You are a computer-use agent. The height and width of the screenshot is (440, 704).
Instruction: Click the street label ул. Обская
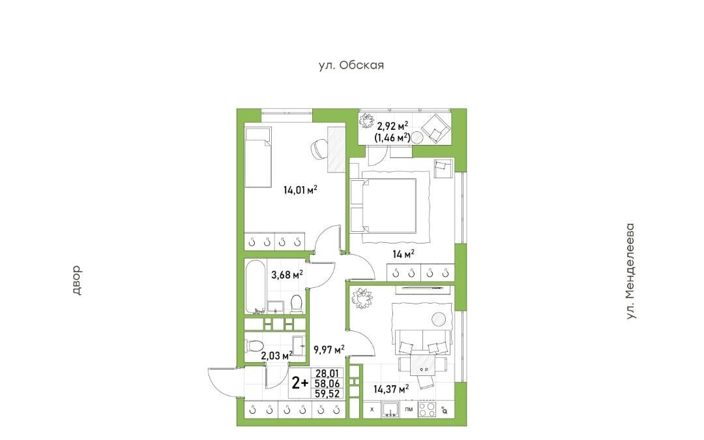351,65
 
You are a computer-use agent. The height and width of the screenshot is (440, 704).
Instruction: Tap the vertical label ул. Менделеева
631,272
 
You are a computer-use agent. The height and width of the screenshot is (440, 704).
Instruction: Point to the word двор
76,280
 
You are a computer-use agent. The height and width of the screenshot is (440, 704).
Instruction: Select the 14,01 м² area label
301,190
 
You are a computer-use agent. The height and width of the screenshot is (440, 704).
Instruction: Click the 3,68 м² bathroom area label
286,274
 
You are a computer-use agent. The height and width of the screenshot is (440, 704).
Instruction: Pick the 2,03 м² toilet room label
276,356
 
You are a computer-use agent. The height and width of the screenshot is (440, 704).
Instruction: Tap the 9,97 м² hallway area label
329,349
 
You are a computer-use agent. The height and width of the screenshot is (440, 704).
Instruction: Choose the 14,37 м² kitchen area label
391,388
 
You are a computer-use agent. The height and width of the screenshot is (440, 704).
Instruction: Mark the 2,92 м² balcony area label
392,126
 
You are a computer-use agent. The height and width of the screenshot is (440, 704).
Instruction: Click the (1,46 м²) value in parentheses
392,138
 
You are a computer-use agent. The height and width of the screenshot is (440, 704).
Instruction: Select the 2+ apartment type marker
300,383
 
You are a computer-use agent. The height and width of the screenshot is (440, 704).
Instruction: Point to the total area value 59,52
328,394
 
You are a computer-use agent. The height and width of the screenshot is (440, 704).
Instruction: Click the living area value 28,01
328,373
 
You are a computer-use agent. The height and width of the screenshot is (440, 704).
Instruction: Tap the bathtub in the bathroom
256,287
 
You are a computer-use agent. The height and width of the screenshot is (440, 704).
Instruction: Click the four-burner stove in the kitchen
426,409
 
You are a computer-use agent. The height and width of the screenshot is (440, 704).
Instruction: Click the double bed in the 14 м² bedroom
384,206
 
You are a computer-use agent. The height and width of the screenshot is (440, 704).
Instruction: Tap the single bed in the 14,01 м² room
258,157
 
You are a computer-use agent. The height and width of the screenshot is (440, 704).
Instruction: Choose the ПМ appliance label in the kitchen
409,409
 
